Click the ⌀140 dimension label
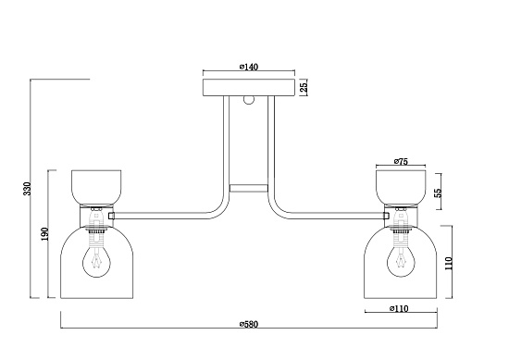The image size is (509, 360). tap(249, 67)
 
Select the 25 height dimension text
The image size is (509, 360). tap(303, 87)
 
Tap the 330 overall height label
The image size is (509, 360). tap(28, 189)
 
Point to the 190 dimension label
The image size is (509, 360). tap(45, 234)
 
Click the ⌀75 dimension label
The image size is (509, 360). tap(401, 161)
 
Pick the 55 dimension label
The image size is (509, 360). tap(438, 192)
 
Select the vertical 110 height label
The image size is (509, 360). tap(448, 263)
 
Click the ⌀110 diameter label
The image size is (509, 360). tap(399, 308)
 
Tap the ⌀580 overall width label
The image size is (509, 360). tap(249, 324)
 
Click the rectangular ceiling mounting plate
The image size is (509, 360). tap(249, 88)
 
